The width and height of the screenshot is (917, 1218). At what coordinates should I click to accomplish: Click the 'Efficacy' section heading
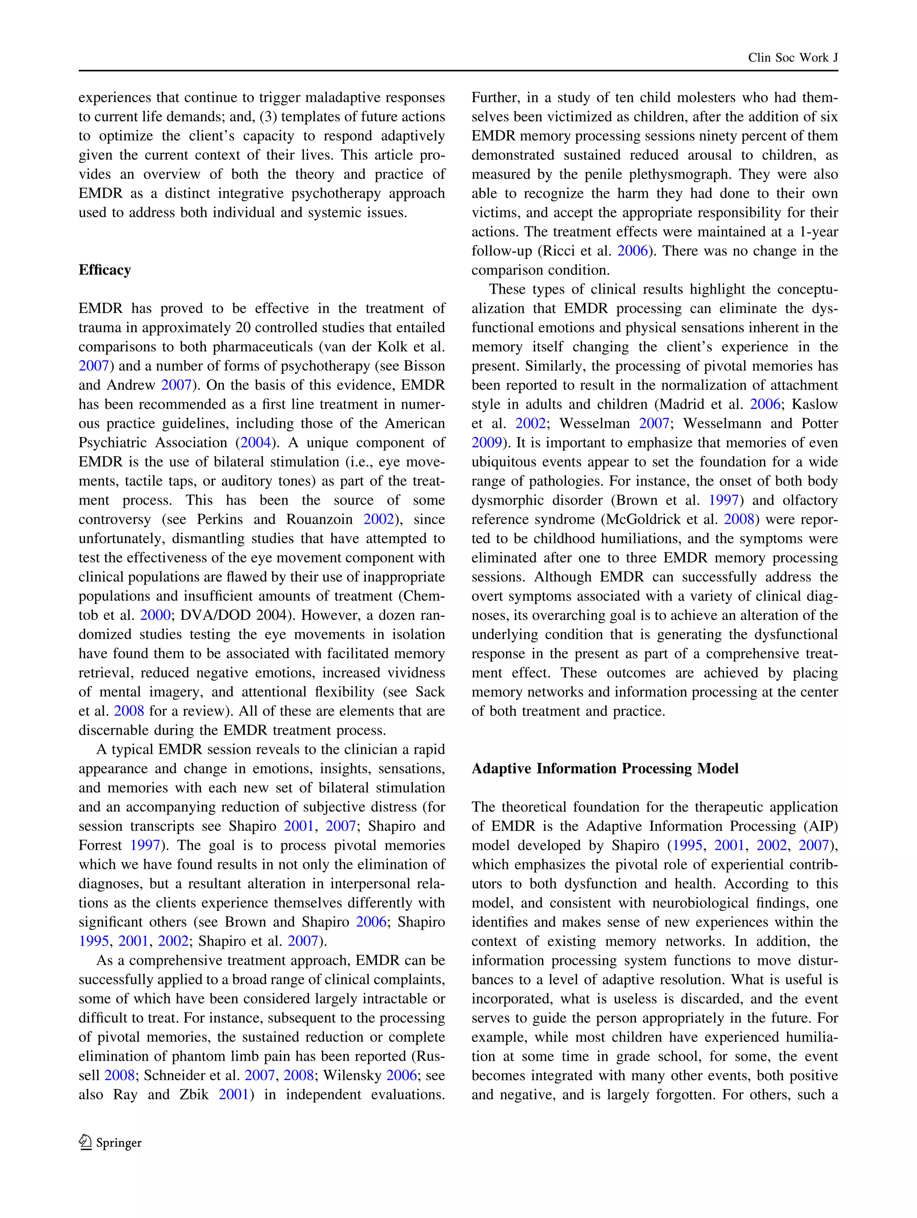click(105, 270)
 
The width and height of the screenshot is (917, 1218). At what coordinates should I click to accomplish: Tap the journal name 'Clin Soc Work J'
click(793, 58)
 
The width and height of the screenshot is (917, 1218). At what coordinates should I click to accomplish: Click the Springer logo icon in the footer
click(86, 1142)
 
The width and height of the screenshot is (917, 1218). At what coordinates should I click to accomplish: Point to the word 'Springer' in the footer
click(119, 1142)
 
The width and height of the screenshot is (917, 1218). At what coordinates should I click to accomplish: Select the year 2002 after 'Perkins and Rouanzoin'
click(378, 519)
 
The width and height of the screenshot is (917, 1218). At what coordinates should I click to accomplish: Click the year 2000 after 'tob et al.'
click(155, 615)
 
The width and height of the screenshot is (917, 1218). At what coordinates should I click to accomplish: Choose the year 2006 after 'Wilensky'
click(402, 1075)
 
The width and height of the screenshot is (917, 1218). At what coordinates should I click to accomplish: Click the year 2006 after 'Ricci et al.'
click(632, 251)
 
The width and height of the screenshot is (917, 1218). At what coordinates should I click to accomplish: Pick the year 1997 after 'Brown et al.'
click(723, 500)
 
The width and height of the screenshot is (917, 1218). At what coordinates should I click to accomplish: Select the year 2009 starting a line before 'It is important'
click(486, 443)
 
